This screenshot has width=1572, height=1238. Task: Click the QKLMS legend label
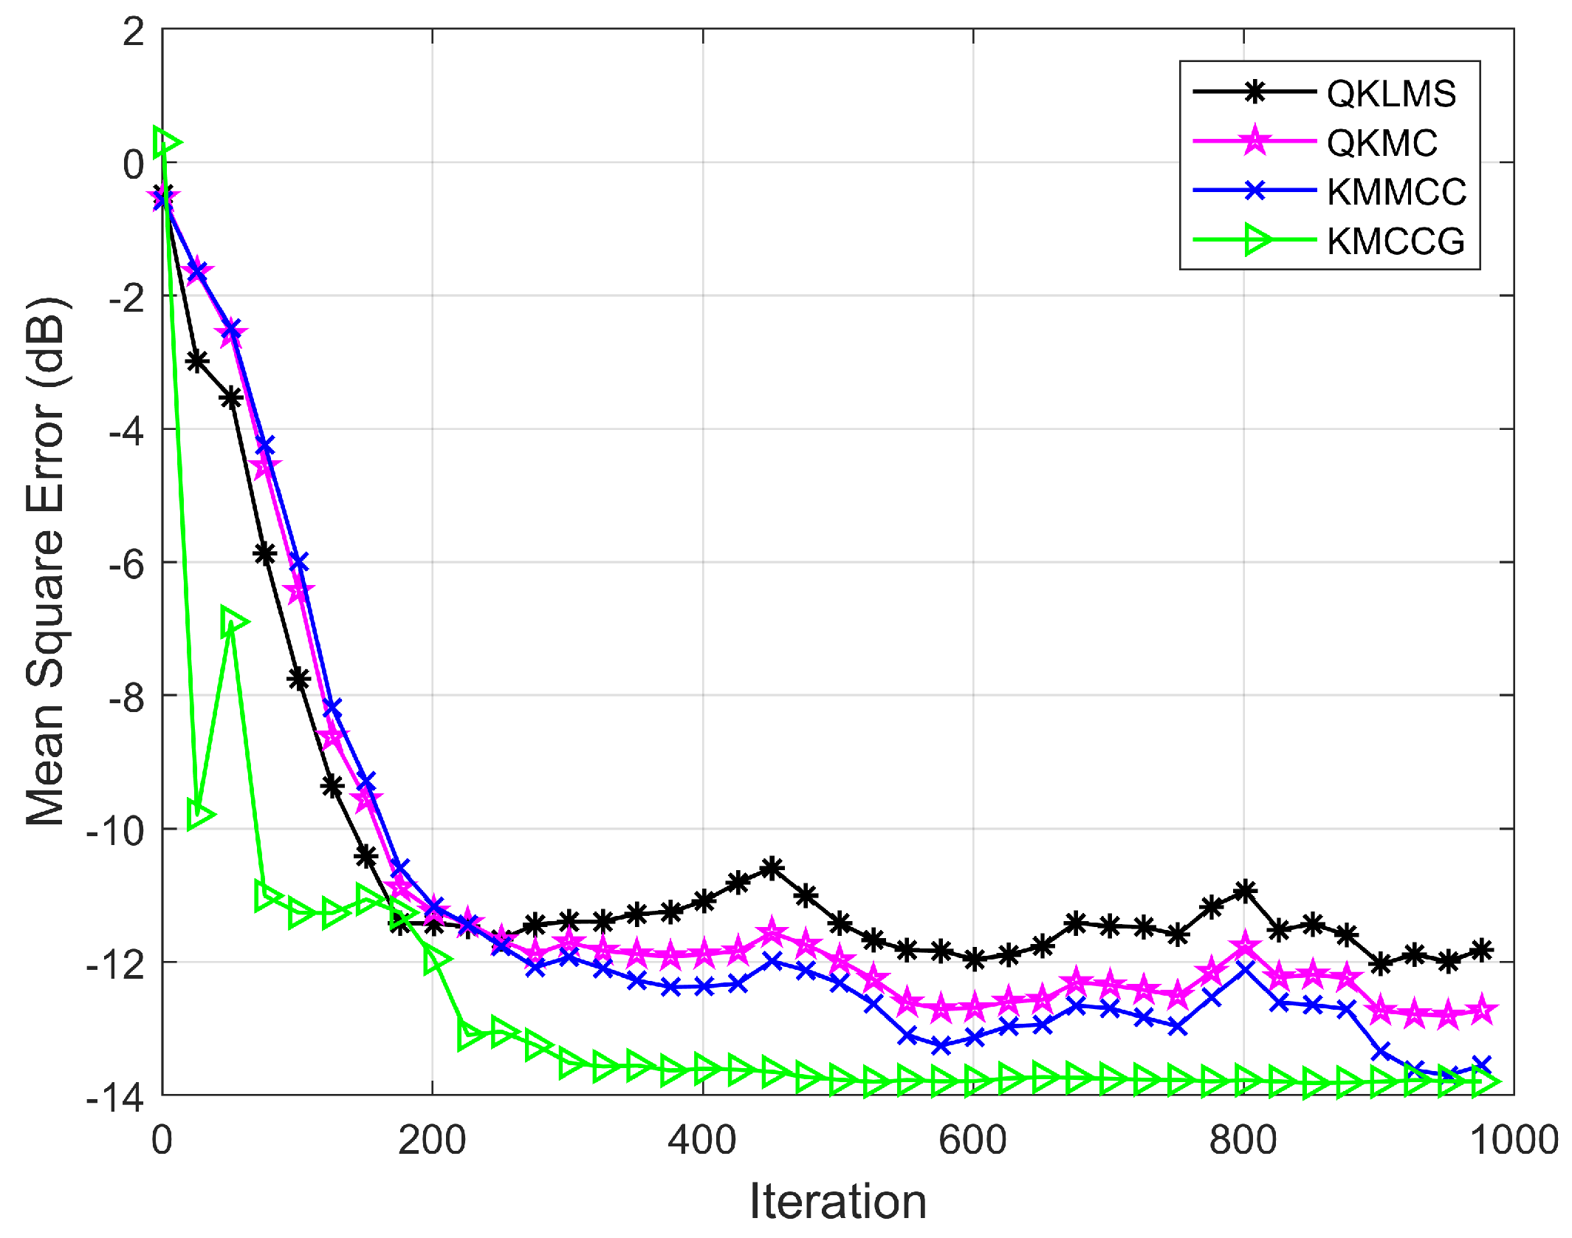coord(1390,94)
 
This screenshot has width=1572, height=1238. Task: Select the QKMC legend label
coord(1381,143)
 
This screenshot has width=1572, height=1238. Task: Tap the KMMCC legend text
coord(1396,192)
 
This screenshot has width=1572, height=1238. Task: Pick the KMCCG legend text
coord(1395,242)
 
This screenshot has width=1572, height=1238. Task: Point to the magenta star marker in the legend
coord(1255,140)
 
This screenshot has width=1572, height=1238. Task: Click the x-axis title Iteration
coord(837,1201)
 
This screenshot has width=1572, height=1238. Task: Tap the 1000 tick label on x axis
coord(1514,1140)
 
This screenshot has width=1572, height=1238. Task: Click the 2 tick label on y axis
coord(134,32)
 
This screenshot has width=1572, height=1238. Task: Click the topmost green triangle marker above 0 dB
coord(166,143)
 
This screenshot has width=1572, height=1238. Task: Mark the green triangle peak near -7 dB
coord(233,621)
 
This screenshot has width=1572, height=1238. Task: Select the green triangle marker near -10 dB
coord(200,815)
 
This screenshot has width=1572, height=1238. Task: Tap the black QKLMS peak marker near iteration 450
coord(772,869)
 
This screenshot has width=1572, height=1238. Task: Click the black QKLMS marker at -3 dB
coord(196,361)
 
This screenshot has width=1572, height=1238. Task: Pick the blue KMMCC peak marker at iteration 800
coord(1245,968)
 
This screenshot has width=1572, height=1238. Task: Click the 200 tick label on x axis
coord(431,1140)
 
